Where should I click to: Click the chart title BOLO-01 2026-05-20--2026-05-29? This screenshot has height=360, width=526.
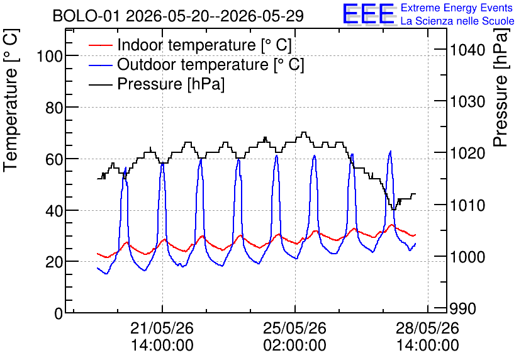click(x=178, y=16)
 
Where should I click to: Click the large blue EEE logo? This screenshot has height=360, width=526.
click(x=369, y=14)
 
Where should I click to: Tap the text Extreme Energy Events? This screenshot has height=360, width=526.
click(x=457, y=8)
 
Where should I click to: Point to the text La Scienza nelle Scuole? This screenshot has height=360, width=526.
click(x=457, y=21)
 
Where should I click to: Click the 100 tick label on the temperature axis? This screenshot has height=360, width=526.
click(x=50, y=56)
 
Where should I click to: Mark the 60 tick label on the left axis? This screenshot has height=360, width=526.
click(x=54, y=159)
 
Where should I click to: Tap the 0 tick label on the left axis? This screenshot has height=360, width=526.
click(x=59, y=313)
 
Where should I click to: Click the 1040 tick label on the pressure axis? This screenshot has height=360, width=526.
click(x=467, y=50)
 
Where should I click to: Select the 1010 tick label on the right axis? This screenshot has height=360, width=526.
click(x=467, y=205)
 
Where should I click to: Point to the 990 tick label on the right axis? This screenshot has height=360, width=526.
click(x=463, y=308)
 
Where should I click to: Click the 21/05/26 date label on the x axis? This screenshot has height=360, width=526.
click(x=162, y=328)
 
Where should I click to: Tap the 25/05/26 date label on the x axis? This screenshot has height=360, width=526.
click(x=294, y=328)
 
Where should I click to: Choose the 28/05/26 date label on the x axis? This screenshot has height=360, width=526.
click(x=427, y=328)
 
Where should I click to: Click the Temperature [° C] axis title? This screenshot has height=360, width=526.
click(x=11, y=101)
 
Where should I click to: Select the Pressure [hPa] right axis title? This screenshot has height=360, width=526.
click(x=500, y=87)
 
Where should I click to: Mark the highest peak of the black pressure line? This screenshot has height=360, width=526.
click(x=304, y=132)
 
